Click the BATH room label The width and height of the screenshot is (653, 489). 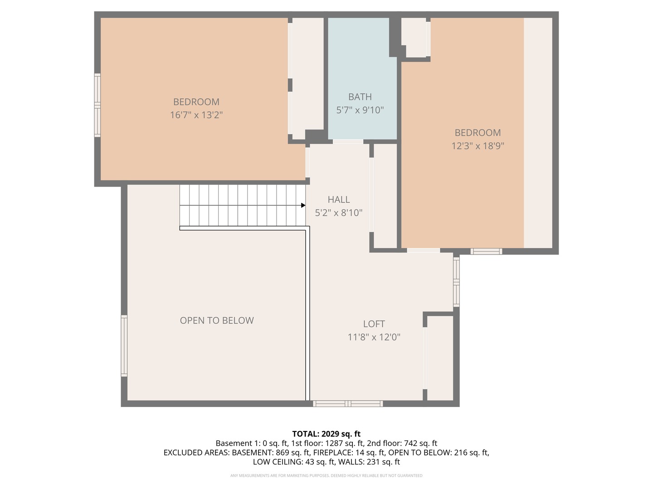pyautogui.click(x=360, y=97)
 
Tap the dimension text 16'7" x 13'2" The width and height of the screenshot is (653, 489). pyautogui.click(x=196, y=115)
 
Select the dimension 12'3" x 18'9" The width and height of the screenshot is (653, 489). pyautogui.click(x=478, y=146)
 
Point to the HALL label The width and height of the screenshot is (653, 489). pyautogui.click(x=339, y=200)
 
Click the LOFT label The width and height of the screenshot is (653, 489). pyautogui.click(x=374, y=324)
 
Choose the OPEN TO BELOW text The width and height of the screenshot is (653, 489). pyautogui.click(x=217, y=321)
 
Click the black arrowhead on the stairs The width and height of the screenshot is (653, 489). pyautogui.click(x=303, y=205)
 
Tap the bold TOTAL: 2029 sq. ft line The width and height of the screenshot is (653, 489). pyautogui.click(x=326, y=434)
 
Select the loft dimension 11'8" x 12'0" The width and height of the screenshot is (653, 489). pyautogui.click(x=374, y=337)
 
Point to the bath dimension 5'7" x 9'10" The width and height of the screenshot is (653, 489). pyautogui.click(x=360, y=110)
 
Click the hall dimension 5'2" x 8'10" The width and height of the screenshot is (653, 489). pyautogui.click(x=339, y=213)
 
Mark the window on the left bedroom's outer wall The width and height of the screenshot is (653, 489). pyautogui.click(x=97, y=105)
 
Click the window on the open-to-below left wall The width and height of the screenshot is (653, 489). pyautogui.click(x=124, y=346)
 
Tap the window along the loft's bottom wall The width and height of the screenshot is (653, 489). pyautogui.click(x=348, y=403)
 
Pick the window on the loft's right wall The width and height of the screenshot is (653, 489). pyautogui.click(x=456, y=282)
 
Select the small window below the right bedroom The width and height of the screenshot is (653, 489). pyautogui.click(x=487, y=251)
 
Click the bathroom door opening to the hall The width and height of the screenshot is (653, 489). pyautogui.click(x=348, y=142)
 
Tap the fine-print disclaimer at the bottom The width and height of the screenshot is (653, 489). pyautogui.click(x=326, y=475)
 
